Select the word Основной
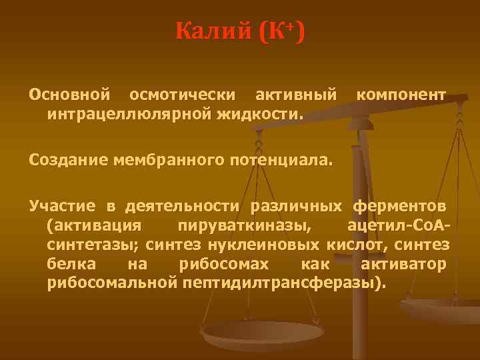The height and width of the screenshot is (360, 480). (x=69, y=96)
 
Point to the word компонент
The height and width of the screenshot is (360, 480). (x=401, y=96)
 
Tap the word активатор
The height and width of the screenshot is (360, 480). (x=403, y=265)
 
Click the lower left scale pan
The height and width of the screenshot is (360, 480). (x=263, y=333)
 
